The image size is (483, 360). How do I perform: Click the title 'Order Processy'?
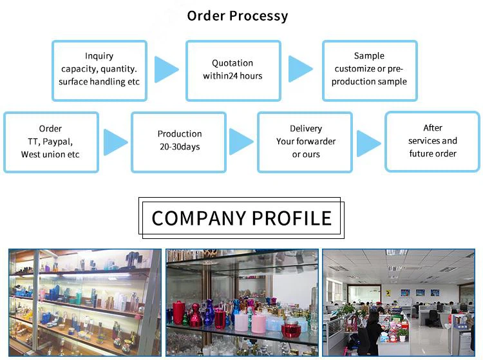pos(237,15)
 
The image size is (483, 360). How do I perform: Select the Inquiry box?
pos(99,70)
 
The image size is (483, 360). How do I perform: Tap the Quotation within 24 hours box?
pos(233,70)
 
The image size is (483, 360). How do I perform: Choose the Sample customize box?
pos(369,70)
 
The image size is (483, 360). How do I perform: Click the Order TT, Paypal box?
pos(51,142)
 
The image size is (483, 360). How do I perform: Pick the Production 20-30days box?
pos(179,142)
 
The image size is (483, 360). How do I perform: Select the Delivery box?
pos(305,142)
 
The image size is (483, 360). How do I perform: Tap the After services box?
pos(433,142)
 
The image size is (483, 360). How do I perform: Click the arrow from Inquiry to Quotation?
pos(166,70)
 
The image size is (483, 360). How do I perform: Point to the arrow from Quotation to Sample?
pos(300,69)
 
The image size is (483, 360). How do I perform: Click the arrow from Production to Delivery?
pos(241,142)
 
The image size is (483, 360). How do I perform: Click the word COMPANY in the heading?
pos(198,218)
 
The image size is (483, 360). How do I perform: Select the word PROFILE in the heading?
pos(292,218)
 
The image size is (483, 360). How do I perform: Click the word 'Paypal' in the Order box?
pos(59,142)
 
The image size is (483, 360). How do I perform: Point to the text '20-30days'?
pos(180,147)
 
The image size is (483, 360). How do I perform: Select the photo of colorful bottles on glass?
pos(241,302)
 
